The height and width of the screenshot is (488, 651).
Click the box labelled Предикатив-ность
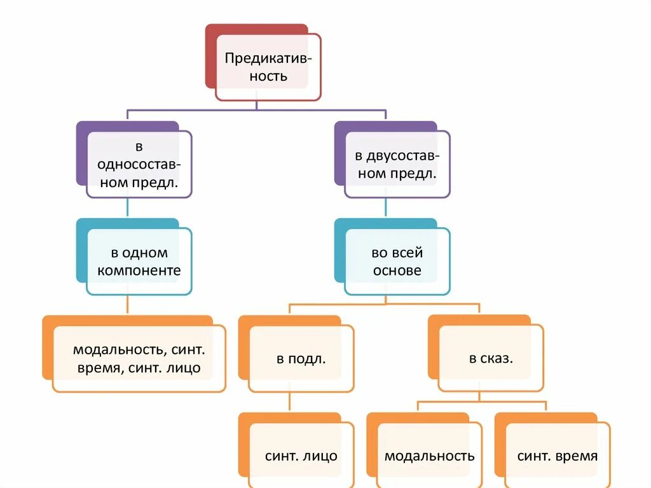268,67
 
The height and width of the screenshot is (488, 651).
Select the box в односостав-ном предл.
139,164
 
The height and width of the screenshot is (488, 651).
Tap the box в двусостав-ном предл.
397,164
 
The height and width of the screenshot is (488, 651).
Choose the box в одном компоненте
139,261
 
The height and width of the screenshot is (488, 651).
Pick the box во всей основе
397,261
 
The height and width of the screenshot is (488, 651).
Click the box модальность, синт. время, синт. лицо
139,358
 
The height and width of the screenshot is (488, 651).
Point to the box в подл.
301,358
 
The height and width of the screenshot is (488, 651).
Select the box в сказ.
491,358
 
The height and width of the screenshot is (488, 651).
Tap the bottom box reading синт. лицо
301,456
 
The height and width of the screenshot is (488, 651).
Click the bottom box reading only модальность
429,456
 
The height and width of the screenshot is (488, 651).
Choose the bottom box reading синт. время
557,456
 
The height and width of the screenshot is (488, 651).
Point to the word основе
397,270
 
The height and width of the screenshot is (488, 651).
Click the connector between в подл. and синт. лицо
290,402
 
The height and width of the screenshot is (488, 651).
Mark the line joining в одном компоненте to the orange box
128,305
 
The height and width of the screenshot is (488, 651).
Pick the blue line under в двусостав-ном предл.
386,208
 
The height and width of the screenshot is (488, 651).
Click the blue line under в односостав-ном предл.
128,208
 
